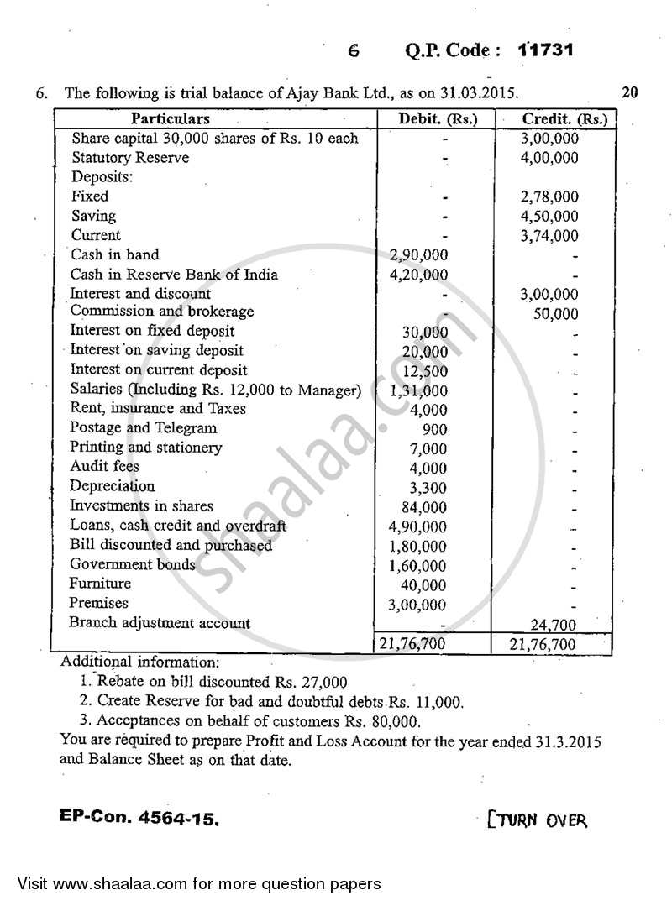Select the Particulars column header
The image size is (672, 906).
171,118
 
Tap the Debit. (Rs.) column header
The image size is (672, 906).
437,118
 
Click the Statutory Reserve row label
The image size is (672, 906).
130,158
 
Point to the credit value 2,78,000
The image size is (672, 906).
550,197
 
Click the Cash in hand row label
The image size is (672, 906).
114,254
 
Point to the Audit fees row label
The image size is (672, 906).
105,467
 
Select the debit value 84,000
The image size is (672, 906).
426,507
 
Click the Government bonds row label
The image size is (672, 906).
133,564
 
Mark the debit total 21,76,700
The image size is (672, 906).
414,644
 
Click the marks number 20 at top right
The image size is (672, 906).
631,92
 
